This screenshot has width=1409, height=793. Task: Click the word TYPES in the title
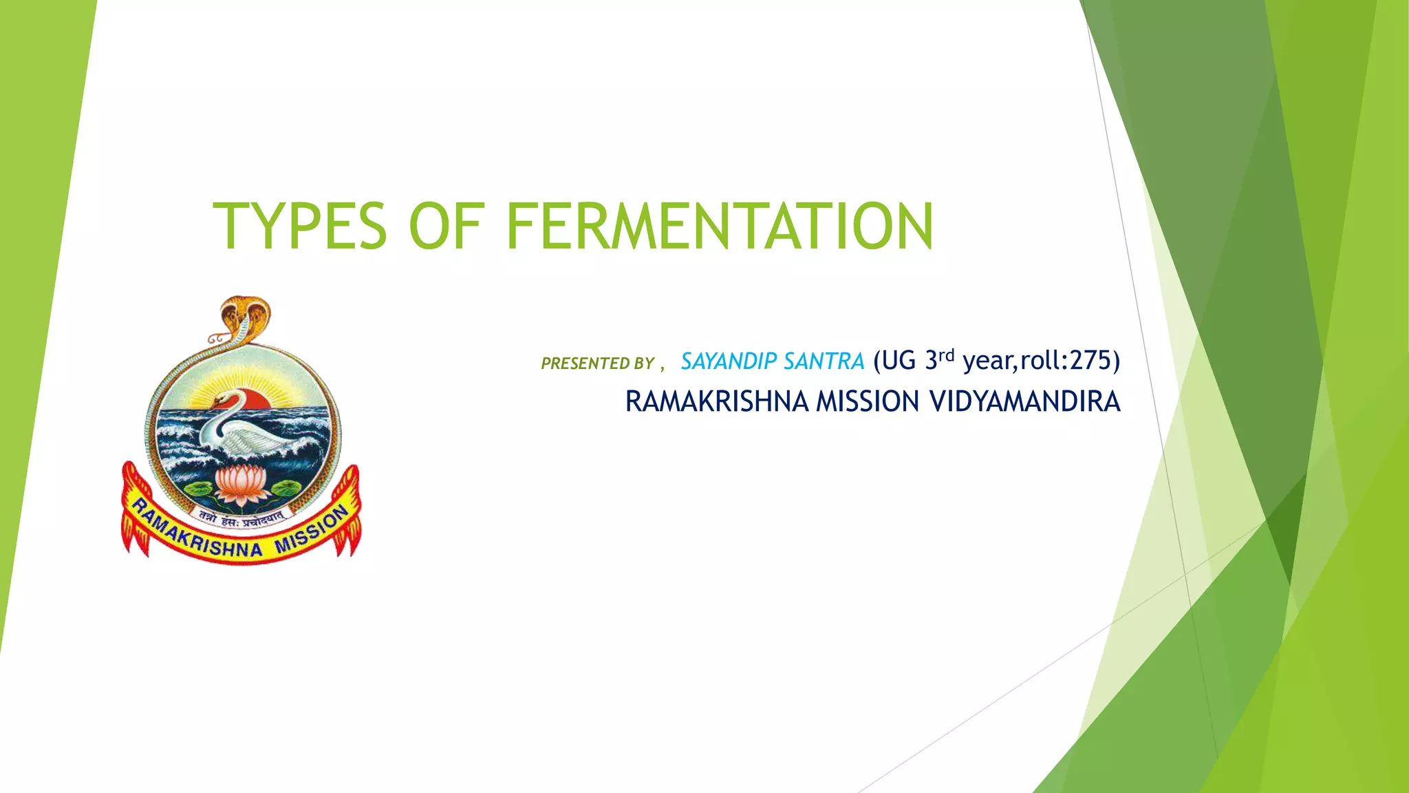click(x=300, y=226)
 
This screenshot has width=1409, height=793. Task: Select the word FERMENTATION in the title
click(x=720, y=226)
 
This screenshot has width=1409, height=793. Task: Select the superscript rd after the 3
click(x=947, y=355)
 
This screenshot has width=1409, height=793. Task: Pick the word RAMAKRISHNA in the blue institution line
click(x=717, y=402)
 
